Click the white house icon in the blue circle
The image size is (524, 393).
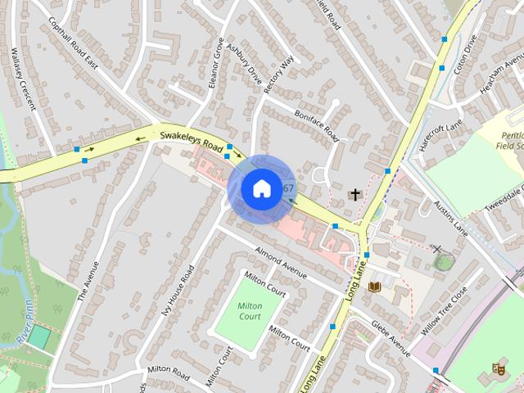(x=260, y=188)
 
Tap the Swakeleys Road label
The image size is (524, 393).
(x=192, y=141)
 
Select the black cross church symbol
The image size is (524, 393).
(x=355, y=195)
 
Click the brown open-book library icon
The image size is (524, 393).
(x=375, y=287)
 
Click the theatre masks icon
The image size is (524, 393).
(x=498, y=370)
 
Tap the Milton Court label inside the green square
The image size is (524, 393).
(x=249, y=311)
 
